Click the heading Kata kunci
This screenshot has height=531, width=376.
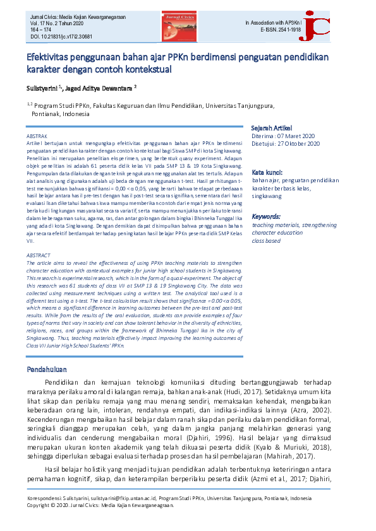(267, 172)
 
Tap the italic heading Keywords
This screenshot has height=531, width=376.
(266, 216)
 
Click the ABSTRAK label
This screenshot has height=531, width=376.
(37, 136)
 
